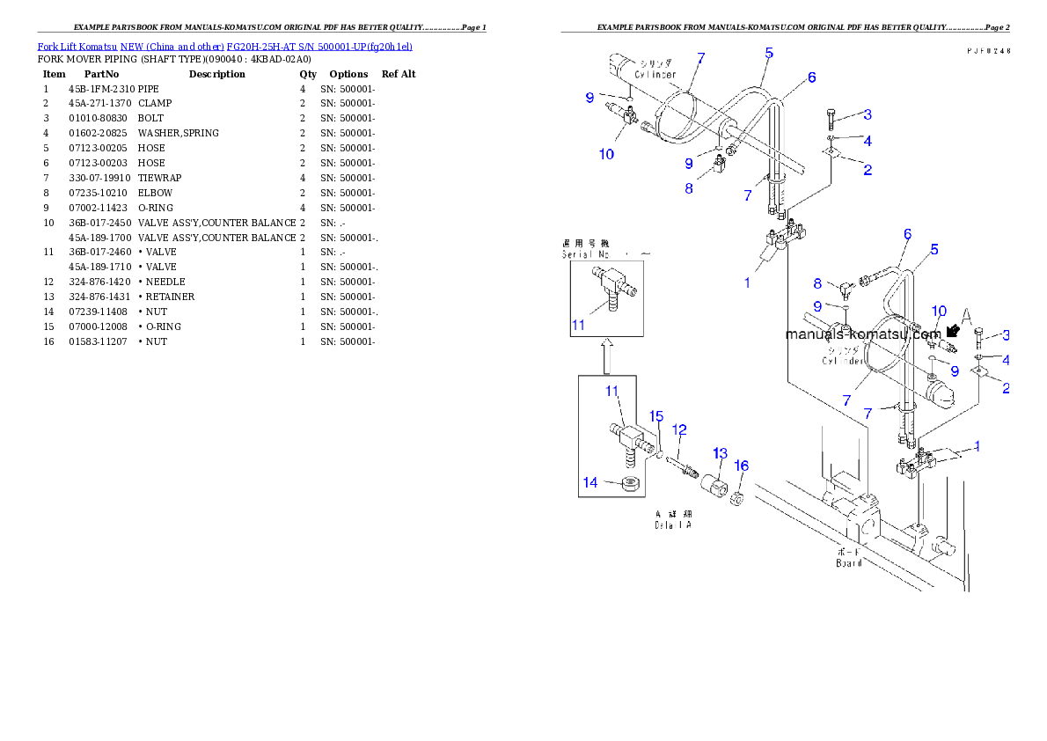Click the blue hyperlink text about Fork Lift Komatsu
click(x=224, y=46)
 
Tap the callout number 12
click(x=678, y=429)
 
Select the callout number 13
click(x=720, y=453)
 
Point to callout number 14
click(x=589, y=481)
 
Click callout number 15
click(x=655, y=415)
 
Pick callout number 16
click(x=742, y=465)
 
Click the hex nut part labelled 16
click(x=738, y=499)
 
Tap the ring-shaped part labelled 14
click(x=628, y=484)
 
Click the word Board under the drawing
click(x=848, y=562)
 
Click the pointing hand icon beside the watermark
click(x=952, y=332)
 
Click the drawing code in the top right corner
click(x=986, y=51)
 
